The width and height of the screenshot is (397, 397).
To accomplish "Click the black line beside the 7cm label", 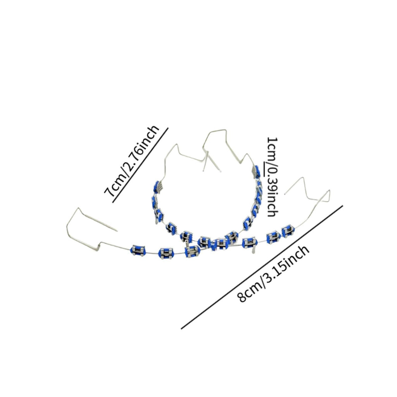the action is tap(140, 165).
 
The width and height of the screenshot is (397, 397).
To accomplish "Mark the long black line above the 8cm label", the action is tap(262, 267).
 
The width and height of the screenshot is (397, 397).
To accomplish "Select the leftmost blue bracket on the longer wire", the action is tap(138, 250).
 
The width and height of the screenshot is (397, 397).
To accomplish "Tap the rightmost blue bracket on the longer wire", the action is tap(288, 231).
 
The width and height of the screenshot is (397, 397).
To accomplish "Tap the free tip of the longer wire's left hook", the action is tap(117, 231).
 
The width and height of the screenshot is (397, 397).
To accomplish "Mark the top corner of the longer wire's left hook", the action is tap(78, 208).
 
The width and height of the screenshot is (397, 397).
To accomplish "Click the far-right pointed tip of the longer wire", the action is tap(330, 190).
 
